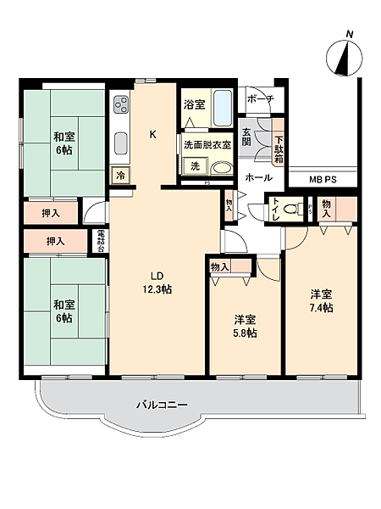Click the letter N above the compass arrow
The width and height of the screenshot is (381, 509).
[349, 34]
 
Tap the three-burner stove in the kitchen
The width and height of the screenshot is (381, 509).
[120, 107]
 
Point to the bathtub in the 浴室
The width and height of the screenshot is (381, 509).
[223, 109]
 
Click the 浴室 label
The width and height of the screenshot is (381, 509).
[194, 105]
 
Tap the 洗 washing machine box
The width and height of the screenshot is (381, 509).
[194, 165]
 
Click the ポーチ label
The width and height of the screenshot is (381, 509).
[259, 98]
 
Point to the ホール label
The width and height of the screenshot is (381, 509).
[258, 178]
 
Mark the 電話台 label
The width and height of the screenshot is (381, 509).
[100, 242]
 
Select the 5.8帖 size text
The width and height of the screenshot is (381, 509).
[246, 333]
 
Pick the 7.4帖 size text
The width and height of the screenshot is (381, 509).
[321, 307]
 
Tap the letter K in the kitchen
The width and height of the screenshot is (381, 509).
[153, 134]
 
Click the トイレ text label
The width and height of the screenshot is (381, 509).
[276, 209]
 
